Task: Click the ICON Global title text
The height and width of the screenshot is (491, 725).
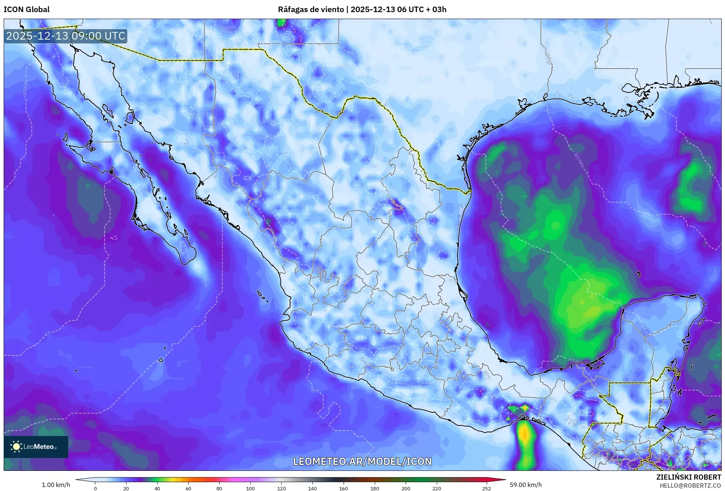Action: pyautogui.click(x=26, y=10)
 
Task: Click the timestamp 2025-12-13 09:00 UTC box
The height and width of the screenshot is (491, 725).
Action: pyautogui.click(x=66, y=36)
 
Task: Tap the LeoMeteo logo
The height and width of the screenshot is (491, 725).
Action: pyautogui.click(x=36, y=447)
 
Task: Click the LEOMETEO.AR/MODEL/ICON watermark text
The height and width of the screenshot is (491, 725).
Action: pyautogui.click(x=362, y=461)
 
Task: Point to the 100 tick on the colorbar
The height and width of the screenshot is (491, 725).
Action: pyautogui.click(x=250, y=488)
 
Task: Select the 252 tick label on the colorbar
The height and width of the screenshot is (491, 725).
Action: pyautogui.click(x=486, y=488)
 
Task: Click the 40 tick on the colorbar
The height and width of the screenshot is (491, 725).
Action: pyautogui.click(x=157, y=488)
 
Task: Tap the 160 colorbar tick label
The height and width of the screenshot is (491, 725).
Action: pyautogui.click(x=344, y=488)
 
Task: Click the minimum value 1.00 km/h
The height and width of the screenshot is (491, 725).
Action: pyautogui.click(x=56, y=485)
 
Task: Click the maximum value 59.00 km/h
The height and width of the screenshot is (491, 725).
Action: pyautogui.click(x=526, y=485)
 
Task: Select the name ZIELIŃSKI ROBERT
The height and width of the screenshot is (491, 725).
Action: pyautogui.click(x=688, y=477)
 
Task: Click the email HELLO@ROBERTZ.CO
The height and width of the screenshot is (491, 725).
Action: pyautogui.click(x=690, y=485)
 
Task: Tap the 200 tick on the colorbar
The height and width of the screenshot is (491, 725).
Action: pyautogui.click(x=406, y=488)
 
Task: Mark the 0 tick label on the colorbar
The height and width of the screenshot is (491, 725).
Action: pyautogui.click(x=95, y=488)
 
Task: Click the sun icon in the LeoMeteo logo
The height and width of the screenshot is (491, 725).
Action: pyautogui.click(x=16, y=447)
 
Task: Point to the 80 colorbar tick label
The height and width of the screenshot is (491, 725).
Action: pyautogui.click(x=219, y=488)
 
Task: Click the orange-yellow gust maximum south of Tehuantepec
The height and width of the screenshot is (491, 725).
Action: pyautogui.click(x=525, y=435)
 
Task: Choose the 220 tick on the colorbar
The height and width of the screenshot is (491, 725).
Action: pyautogui.click(x=437, y=488)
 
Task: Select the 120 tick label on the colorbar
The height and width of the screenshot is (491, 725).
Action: pyautogui.click(x=282, y=488)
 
